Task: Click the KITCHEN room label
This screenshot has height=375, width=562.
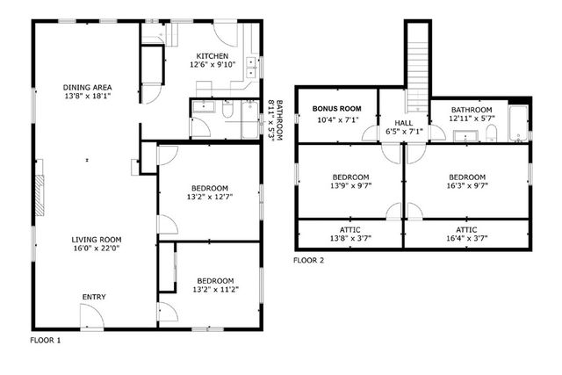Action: (213, 55)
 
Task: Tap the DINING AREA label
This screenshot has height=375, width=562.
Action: (88, 87)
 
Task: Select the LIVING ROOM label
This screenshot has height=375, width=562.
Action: (97, 239)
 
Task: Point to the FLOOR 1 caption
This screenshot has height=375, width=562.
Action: (46, 340)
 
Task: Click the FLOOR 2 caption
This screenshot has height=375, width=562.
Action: (308, 260)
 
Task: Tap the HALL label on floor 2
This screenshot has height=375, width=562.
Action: (404, 122)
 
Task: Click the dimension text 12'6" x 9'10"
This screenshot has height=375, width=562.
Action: (213, 64)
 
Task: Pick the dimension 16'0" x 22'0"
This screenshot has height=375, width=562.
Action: (97, 249)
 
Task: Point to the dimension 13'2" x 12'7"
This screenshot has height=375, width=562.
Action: (209, 197)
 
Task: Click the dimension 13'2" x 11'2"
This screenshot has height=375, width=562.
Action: (209, 289)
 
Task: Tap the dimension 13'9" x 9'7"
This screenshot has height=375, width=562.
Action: (349, 185)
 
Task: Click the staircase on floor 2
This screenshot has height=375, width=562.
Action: (416, 53)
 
